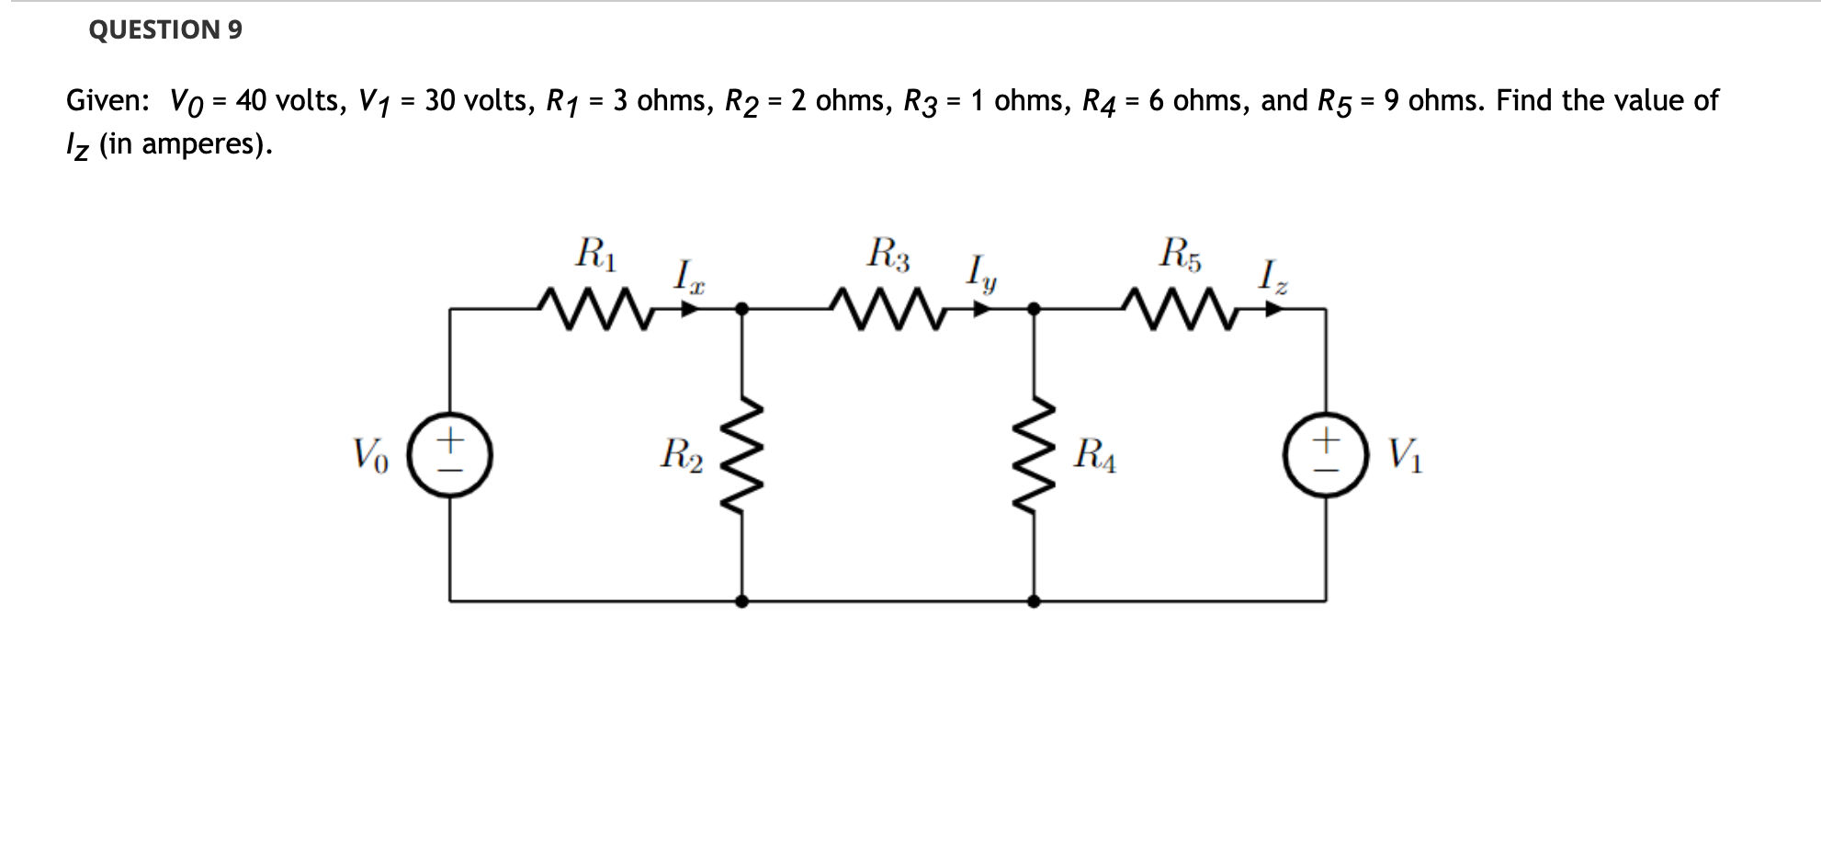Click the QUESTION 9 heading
tap(165, 29)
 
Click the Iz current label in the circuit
tap(1273, 276)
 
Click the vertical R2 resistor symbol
tap(741, 455)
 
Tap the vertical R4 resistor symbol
tap(1034, 455)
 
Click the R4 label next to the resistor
tap(1095, 455)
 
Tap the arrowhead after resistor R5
tap(1273, 310)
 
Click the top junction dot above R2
tap(741, 309)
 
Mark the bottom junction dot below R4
tap(1034, 601)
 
